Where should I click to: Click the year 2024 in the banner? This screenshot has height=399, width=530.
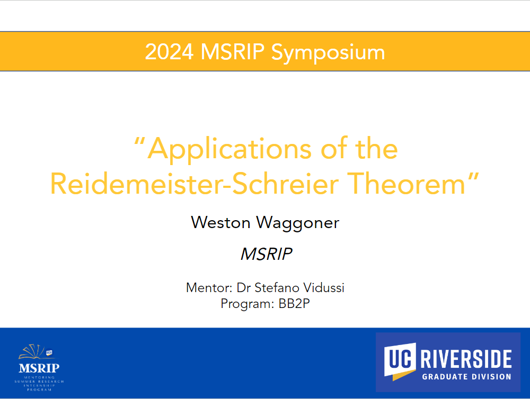pyautogui.click(x=169, y=52)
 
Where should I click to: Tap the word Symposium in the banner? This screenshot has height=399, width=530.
pyautogui.click(x=328, y=53)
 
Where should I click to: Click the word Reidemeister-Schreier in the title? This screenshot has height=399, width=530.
pyautogui.click(x=195, y=184)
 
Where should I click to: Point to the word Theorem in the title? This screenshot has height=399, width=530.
pyautogui.click(x=407, y=184)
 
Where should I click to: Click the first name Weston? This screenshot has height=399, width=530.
pyautogui.click(x=220, y=223)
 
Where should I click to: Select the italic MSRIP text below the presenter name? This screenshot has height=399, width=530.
pyautogui.click(x=266, y=254)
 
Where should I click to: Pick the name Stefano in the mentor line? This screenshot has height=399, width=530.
pyautogui.click(x=277, y=288)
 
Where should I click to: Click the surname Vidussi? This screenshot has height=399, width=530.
pyautogui.click(x=324, y=288)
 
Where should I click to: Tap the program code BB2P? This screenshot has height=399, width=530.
pyautogui.click(x=294, y=304)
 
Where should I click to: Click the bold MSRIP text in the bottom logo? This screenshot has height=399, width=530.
pyautogui.click(x=39, y=368)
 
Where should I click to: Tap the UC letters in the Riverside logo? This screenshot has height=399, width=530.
pyautogui.click(x=400, y=358)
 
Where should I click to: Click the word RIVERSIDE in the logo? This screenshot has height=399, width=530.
pyautogui.click(x=466, y=359)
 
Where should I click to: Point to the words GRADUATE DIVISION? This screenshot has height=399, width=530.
pyautogui.click(x=466, y=377)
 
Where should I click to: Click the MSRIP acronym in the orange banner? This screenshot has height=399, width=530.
pyautogui.click(x=233, y=52)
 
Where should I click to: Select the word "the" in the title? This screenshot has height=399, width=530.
pyautogui.click(x=376, y=149)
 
